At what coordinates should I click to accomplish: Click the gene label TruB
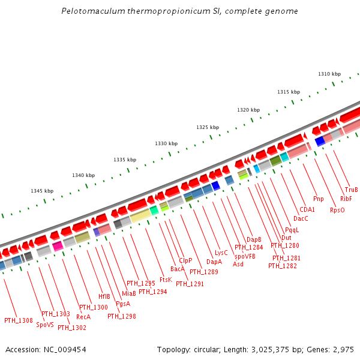pyautogui.click(x=352, y=190)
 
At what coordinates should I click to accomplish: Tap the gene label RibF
pyautogui.click(x=346, y=199)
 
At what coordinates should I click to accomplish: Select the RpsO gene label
pyautogui.click(x=337, y=210)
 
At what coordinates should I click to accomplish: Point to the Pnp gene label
pyautogui.click(x=319, y=199)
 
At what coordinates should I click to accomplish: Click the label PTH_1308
pyautogui.click(x=19, y=320)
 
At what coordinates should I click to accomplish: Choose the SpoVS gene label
pyautogui.click(x=44, y=325)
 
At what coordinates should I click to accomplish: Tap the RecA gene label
pyautogui.click(x=83, y=316)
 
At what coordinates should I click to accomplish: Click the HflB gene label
pyautogui.click(x=104, y=296)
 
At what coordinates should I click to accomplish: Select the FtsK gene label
pyautogui.click(x=166, y=280)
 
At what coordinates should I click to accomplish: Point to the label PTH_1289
pyautogui.click(x=204, y=272)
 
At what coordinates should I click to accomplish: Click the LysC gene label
pyautogui.click(x=221, y=253)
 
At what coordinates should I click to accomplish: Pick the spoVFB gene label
pyautogui.click(x=245, y=256)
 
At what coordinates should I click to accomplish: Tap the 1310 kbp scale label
pyautogui.click(x=329, y=74)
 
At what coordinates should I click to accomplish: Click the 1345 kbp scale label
pyautogui.click(x=42, y=191)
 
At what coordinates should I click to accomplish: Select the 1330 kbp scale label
pyautogui.click(x=166, y=143)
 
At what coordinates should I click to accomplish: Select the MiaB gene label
pyautogui.click(x=129, y=293)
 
